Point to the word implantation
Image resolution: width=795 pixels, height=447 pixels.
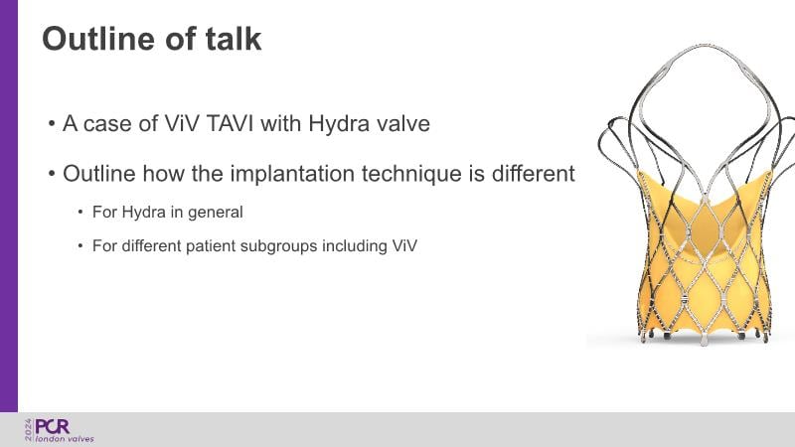pos(292,173)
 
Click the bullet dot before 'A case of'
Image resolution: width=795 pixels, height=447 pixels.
pos(52,123)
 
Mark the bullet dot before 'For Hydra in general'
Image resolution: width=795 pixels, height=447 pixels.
pos(80,212)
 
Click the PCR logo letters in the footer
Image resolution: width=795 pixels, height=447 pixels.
pos(53,427)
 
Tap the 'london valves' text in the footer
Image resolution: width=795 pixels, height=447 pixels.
pos(65,439)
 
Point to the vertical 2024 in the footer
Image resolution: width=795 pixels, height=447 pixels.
pos(29,430)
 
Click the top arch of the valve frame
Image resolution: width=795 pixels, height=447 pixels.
pos(706,47)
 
